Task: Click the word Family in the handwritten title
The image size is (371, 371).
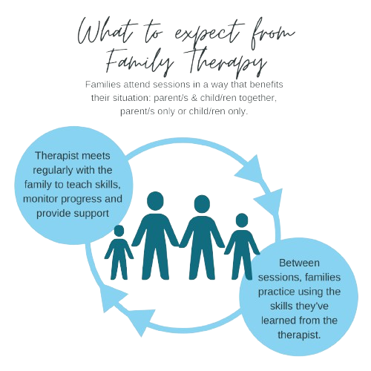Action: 139,62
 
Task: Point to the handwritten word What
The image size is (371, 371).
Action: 107,32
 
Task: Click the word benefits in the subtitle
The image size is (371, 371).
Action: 266,85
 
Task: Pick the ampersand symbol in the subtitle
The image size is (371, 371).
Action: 194,98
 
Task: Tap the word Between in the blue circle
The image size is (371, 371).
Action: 299,263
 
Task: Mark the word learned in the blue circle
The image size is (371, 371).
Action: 277,321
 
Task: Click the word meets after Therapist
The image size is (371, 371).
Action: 96,156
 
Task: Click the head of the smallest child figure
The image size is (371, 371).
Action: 119,231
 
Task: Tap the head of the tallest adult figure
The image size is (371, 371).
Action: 155,202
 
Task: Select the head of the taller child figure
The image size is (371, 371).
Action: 242,220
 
